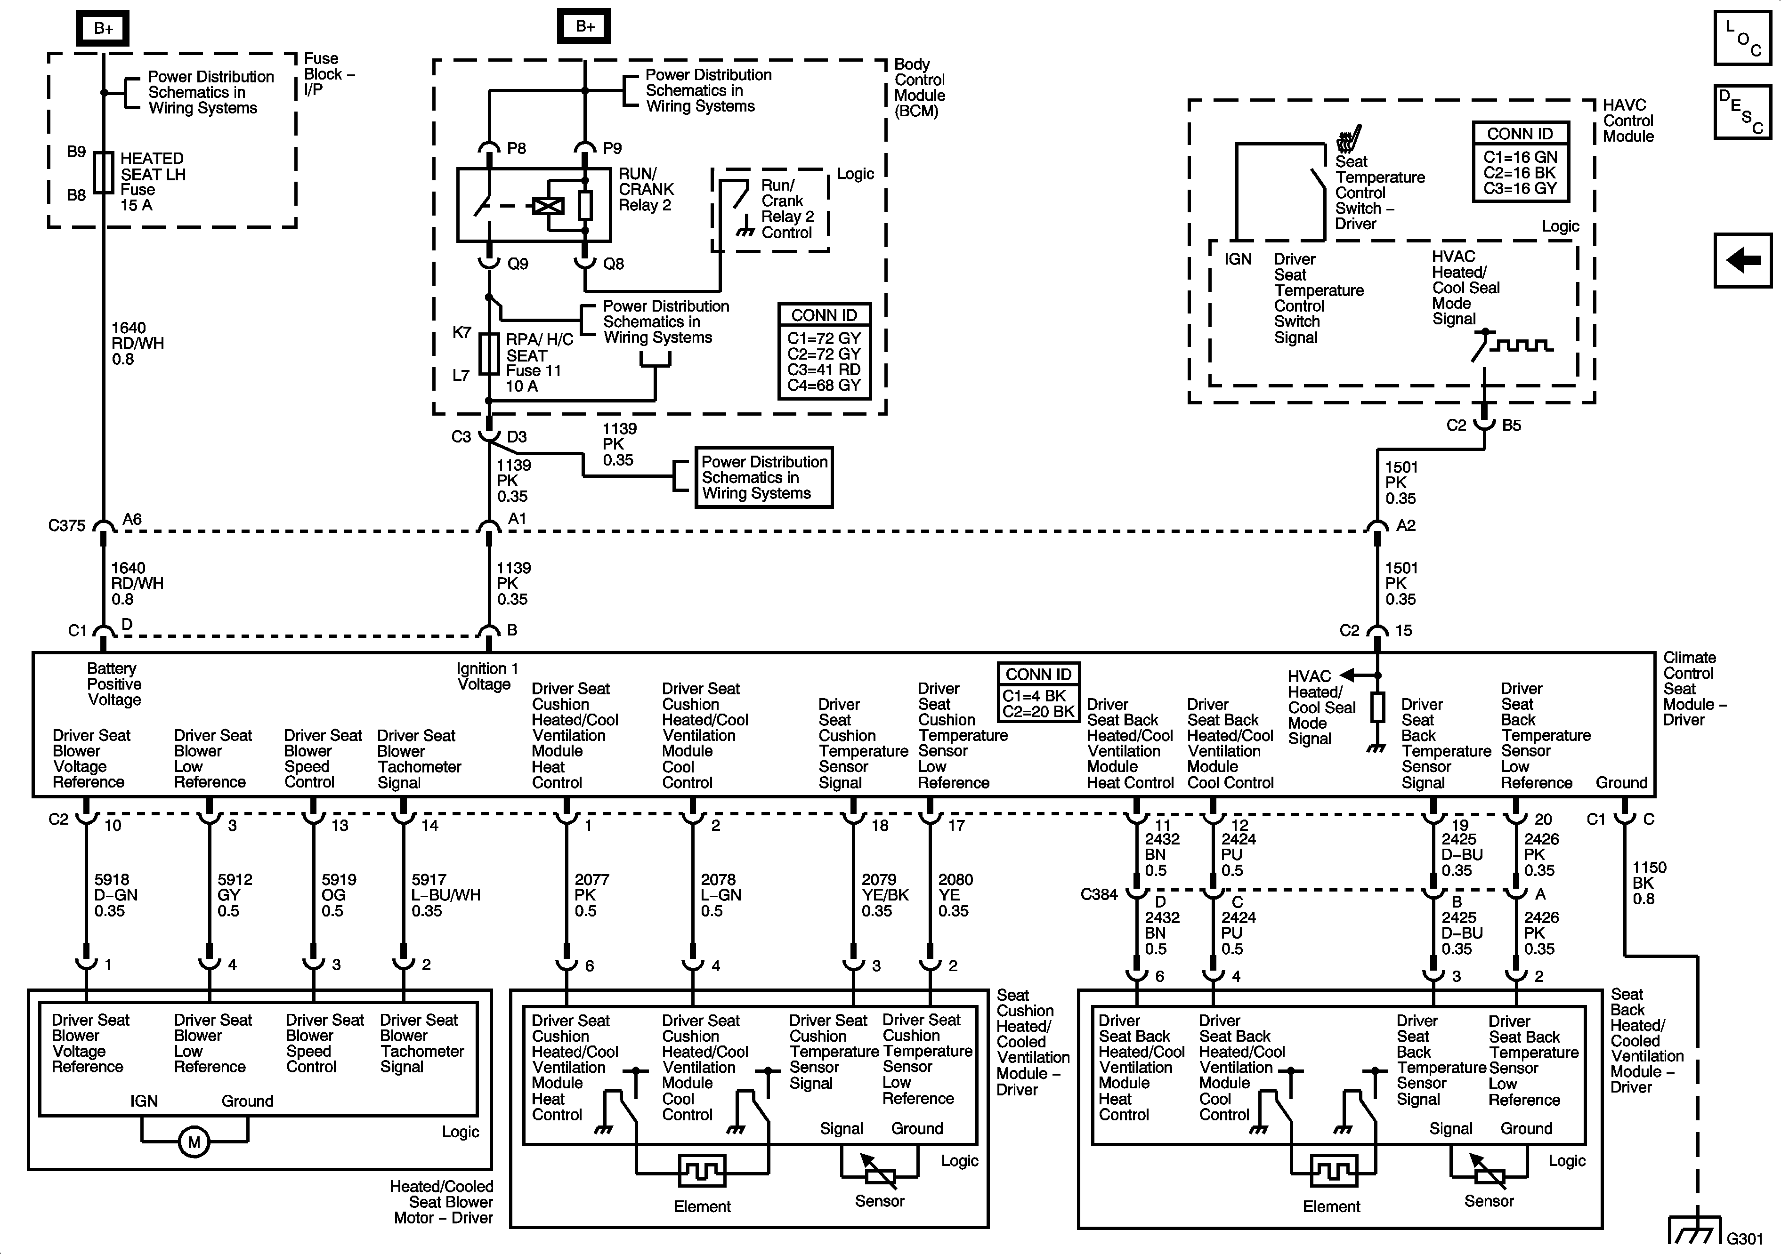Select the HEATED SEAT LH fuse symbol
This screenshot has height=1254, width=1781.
tap(103, 172)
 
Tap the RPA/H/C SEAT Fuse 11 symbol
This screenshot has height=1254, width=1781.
tap(489, 354)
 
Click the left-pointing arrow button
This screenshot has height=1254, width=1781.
tap(1743, 260)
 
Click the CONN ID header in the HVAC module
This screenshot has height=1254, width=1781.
tap(1521, 133)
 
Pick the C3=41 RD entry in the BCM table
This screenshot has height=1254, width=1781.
tap(824, 369)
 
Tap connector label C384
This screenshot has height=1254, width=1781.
tap(1099, 895)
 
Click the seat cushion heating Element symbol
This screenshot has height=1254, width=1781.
tap(702, 1171)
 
